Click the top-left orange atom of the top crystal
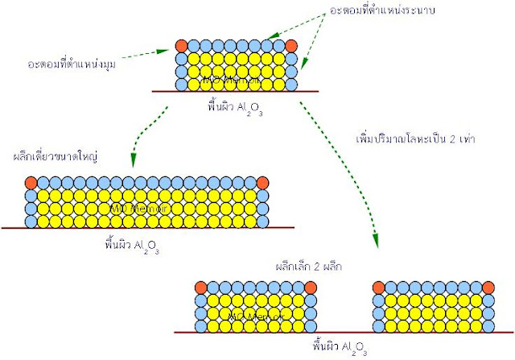(182, 46)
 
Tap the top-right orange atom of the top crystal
(290, 46)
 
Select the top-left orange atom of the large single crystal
(31, 183)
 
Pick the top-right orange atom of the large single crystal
(262, 183)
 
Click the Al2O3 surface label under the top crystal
(233, 106)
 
